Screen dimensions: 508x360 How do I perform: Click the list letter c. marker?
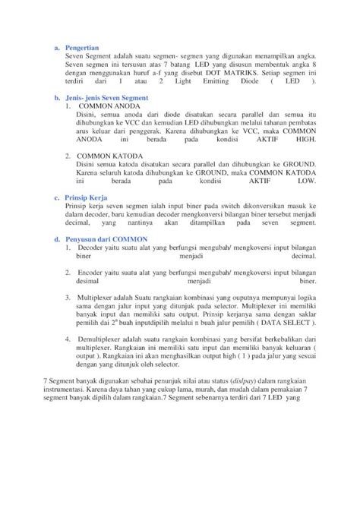56,196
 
